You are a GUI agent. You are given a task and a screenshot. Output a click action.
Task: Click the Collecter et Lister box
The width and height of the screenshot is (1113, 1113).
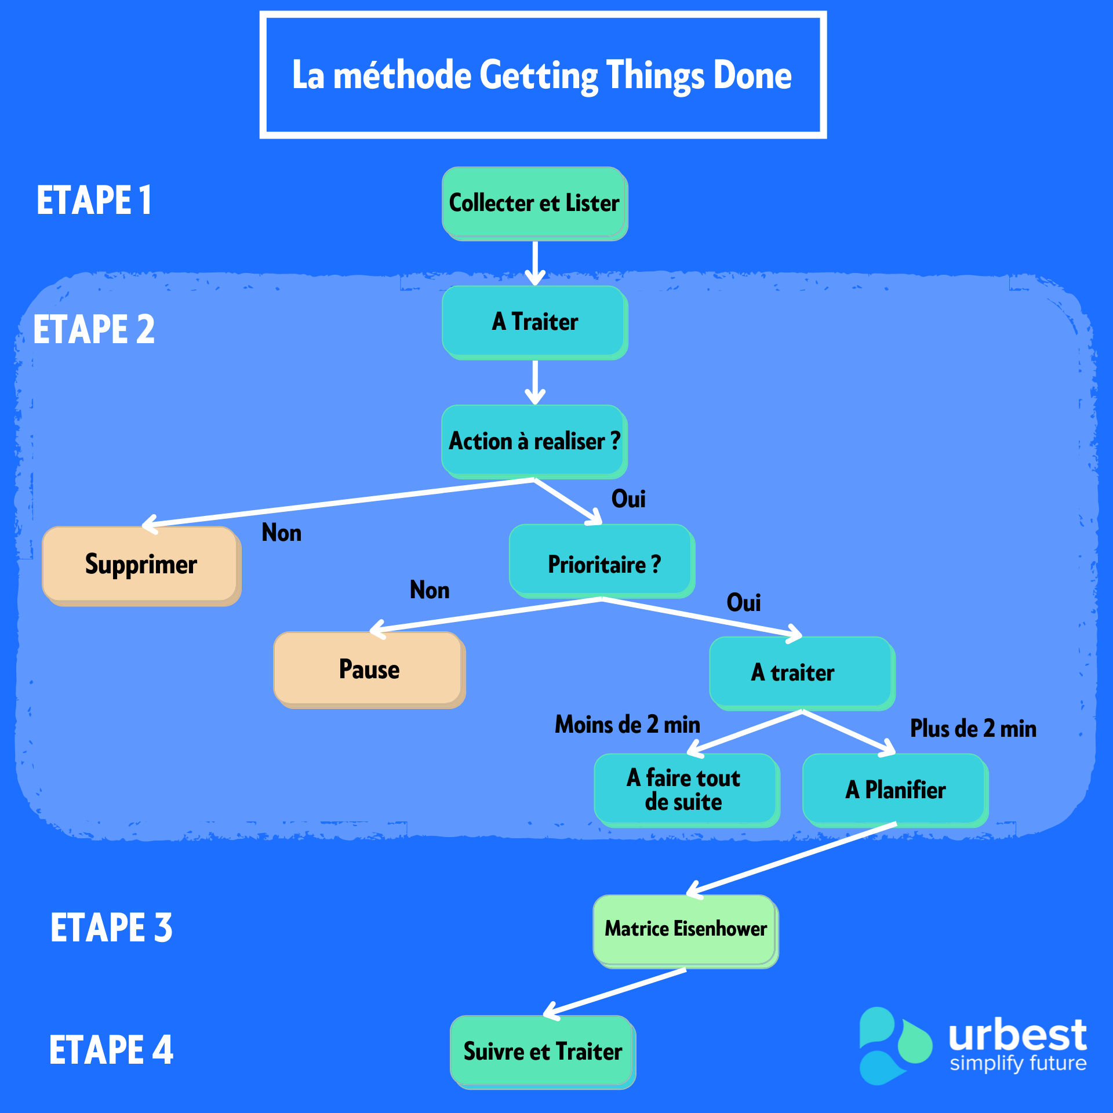pos(534,203)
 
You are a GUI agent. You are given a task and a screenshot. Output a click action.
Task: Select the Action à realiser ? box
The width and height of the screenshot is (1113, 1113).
pos(534,441)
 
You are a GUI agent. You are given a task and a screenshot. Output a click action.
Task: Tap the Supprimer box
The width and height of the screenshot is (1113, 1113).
pos(141,565)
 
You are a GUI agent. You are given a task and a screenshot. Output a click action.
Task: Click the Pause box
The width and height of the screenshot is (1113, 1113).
pos(369,669)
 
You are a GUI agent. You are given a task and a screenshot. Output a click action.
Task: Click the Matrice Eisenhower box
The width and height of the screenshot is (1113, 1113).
pos(685,929)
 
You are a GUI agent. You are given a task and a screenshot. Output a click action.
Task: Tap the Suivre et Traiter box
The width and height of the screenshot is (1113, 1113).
pos(543,1052)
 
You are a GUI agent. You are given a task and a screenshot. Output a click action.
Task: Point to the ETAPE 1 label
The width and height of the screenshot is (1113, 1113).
pos(94,200)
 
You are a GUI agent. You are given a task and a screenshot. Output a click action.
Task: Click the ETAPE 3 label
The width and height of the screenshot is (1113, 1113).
pos(111,927)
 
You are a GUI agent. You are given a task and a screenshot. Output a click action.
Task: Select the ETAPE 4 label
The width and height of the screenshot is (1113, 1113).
pos(111,1050)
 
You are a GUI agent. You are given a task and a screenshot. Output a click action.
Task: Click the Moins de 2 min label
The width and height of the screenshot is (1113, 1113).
pos(627,725)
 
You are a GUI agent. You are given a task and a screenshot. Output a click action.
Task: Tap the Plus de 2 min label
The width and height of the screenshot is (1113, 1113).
pos(973,729)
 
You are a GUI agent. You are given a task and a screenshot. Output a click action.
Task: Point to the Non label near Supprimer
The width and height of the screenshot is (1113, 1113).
pos(282,533)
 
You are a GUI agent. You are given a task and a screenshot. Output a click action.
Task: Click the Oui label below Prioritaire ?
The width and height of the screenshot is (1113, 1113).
pos(743,603)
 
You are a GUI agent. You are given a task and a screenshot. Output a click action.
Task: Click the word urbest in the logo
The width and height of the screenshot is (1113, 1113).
pos(1017,1035)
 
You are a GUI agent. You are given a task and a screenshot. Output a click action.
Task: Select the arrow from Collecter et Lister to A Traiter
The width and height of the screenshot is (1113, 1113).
pos(534,262)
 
